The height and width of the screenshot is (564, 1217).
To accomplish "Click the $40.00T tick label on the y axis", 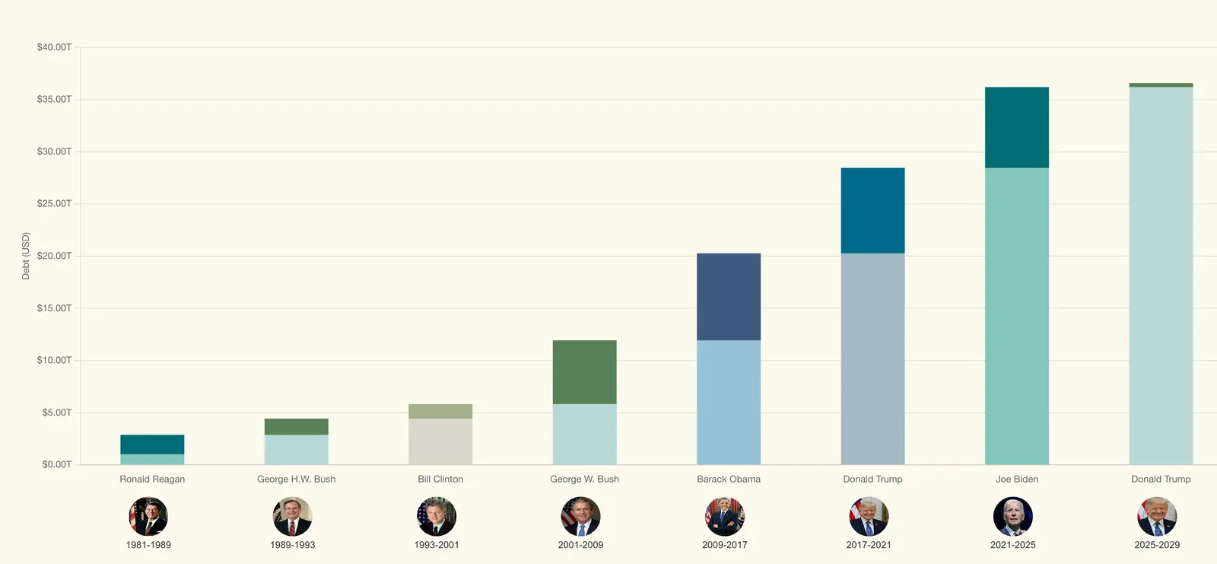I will pyautogui.click(x=54, y=47).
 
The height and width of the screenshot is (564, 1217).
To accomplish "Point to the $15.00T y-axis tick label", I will pyautogui.click(x=54, y=308).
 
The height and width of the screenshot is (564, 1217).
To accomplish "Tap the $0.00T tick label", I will pyautogui.click(x=56, y=464).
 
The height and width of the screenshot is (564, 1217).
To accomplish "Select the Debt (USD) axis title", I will pyautogui.click(x=26, y=257).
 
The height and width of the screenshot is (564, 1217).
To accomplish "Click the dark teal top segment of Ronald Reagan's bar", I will pyautogui.click(x=152, y=445).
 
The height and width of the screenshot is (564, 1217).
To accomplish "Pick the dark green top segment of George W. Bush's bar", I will pyautogui.click(x=584, y=372).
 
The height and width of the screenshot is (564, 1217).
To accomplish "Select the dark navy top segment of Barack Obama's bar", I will pyautogui.click(x=729, y=297).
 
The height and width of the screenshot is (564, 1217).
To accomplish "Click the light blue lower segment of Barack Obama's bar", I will pyautogui.click(x=729, y=402).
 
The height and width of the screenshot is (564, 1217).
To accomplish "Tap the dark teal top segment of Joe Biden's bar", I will pyautogui.click(x=1017, y=127).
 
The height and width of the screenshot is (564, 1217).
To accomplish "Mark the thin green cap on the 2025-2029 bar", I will pyautogui.click(x=1161, y=85).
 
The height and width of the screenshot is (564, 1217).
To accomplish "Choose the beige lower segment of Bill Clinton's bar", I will pyautogui.click(x=440, y=441).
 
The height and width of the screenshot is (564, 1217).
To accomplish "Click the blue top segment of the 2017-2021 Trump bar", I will pyautogui.click(x=872, y=211).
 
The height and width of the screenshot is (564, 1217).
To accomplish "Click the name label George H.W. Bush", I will pyautogui.click(x=296, y=480).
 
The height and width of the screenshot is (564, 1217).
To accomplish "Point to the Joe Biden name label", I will pyautogui.click(x=1017, y=480).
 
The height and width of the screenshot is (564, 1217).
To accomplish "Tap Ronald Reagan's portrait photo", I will pyautogui.click(x=148, y=517).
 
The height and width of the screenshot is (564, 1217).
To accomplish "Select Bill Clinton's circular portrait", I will pyautogui.click(x=437, y=517).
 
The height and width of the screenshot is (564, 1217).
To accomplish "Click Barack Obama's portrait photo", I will pyautogui.click(x=725, y=517).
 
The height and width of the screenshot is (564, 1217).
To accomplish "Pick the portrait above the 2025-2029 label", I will pyautogui.click(x=1157, y=517).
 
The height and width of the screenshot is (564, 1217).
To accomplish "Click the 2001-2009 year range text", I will pyautogui.click(x=580, y=545).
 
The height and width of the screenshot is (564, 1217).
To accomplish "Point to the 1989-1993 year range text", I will pyautogui.click(x=292, y=545).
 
